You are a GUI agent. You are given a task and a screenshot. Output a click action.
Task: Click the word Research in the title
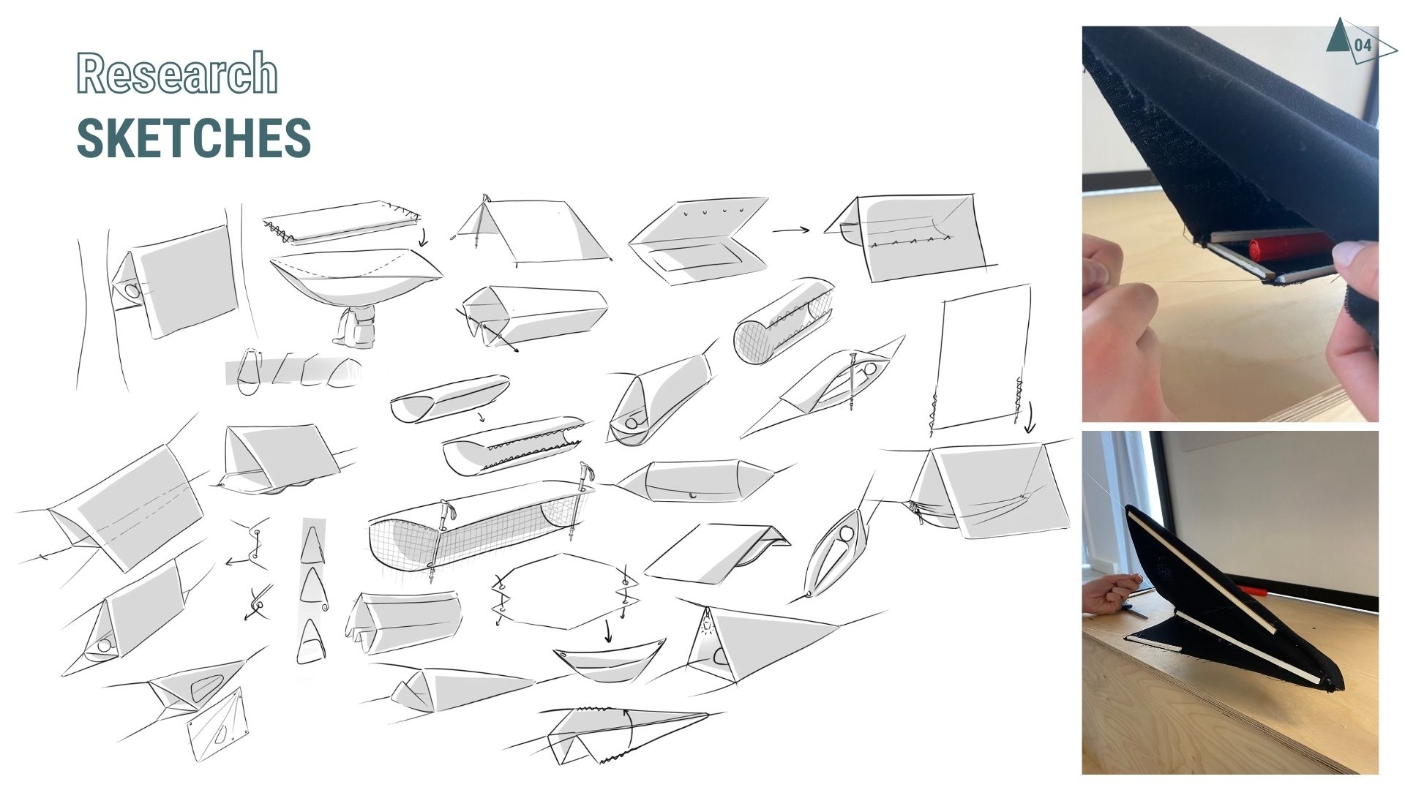177,73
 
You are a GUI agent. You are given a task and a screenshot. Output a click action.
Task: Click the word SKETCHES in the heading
194,138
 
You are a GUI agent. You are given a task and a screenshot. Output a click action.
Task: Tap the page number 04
1363,45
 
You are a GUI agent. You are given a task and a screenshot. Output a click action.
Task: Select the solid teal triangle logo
1339,35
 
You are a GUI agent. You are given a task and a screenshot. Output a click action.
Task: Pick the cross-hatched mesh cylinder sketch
783,321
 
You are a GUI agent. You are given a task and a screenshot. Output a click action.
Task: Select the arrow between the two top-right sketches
791,230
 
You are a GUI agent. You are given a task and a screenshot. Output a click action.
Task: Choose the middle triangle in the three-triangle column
312,584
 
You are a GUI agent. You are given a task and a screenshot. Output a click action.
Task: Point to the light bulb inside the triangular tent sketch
706,625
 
